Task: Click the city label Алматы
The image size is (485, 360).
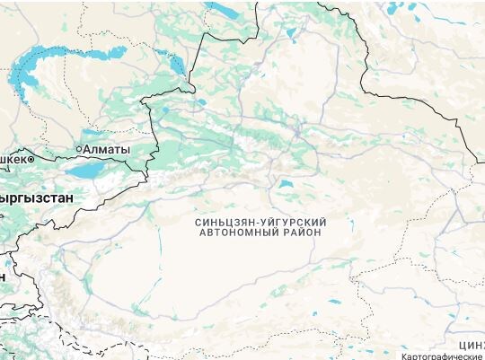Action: pos(106,148)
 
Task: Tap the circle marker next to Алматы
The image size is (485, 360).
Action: pos(78,148)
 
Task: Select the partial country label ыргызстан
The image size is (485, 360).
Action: pos(37,195)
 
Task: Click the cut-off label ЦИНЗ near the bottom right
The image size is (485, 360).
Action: pos(471,345)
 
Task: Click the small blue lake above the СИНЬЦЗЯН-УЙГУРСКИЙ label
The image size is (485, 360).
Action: pos(286,185)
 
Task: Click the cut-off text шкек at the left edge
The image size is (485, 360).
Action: pos(13,158)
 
